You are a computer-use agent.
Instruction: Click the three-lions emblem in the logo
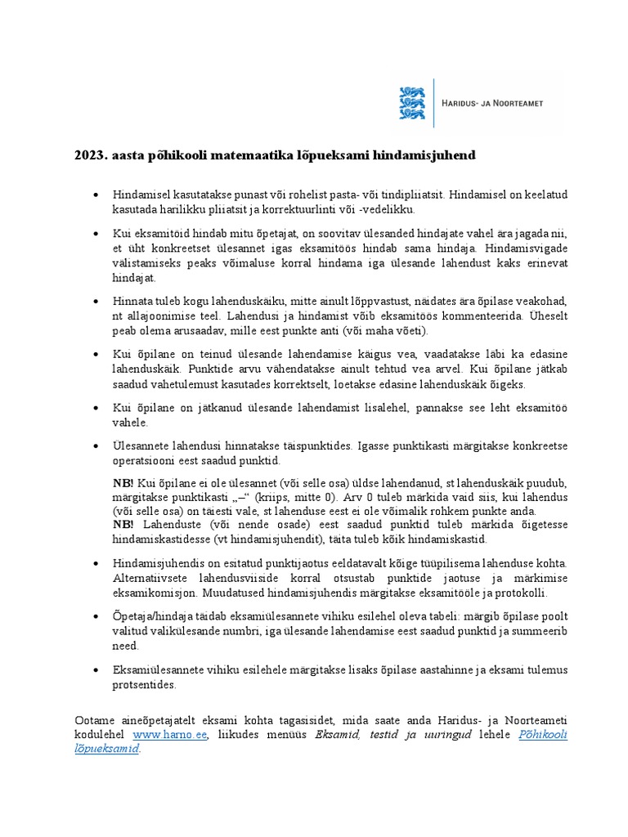coord(412,103)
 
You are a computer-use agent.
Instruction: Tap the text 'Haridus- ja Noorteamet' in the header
coord(492,103)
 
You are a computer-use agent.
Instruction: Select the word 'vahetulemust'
coord(191,384)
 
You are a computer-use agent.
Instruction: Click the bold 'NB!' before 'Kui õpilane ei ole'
coord(123,483)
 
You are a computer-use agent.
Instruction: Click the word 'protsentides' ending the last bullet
coord(144,685)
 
